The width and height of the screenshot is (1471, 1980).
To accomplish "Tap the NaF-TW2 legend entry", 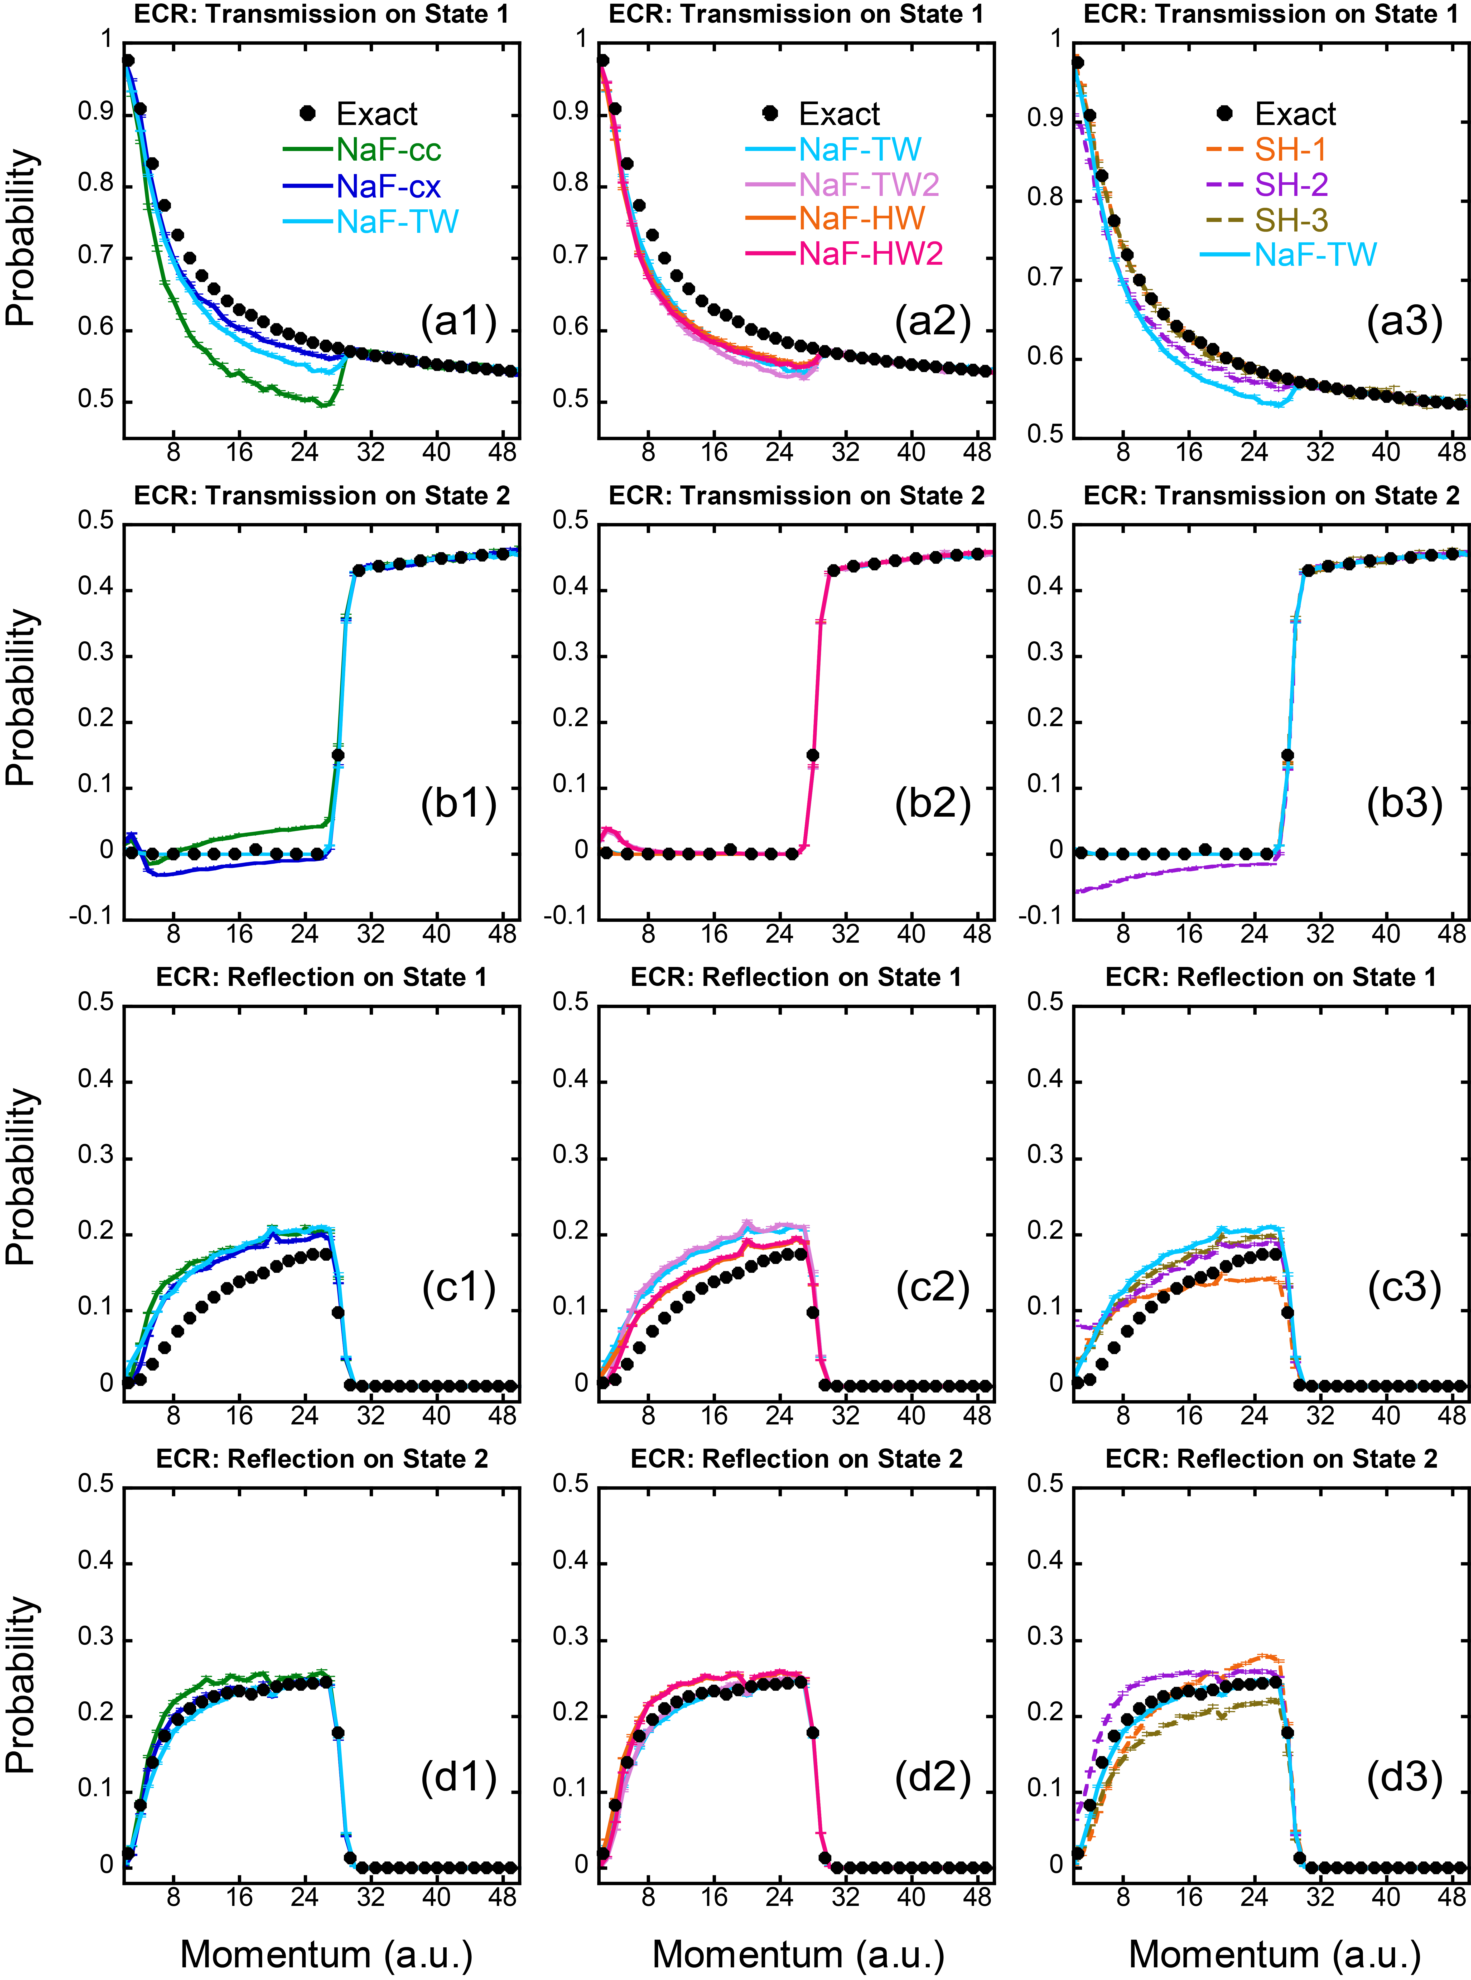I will click(x=868, y=184).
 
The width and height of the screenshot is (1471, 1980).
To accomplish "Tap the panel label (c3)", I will click(x=1404, y=1287).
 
